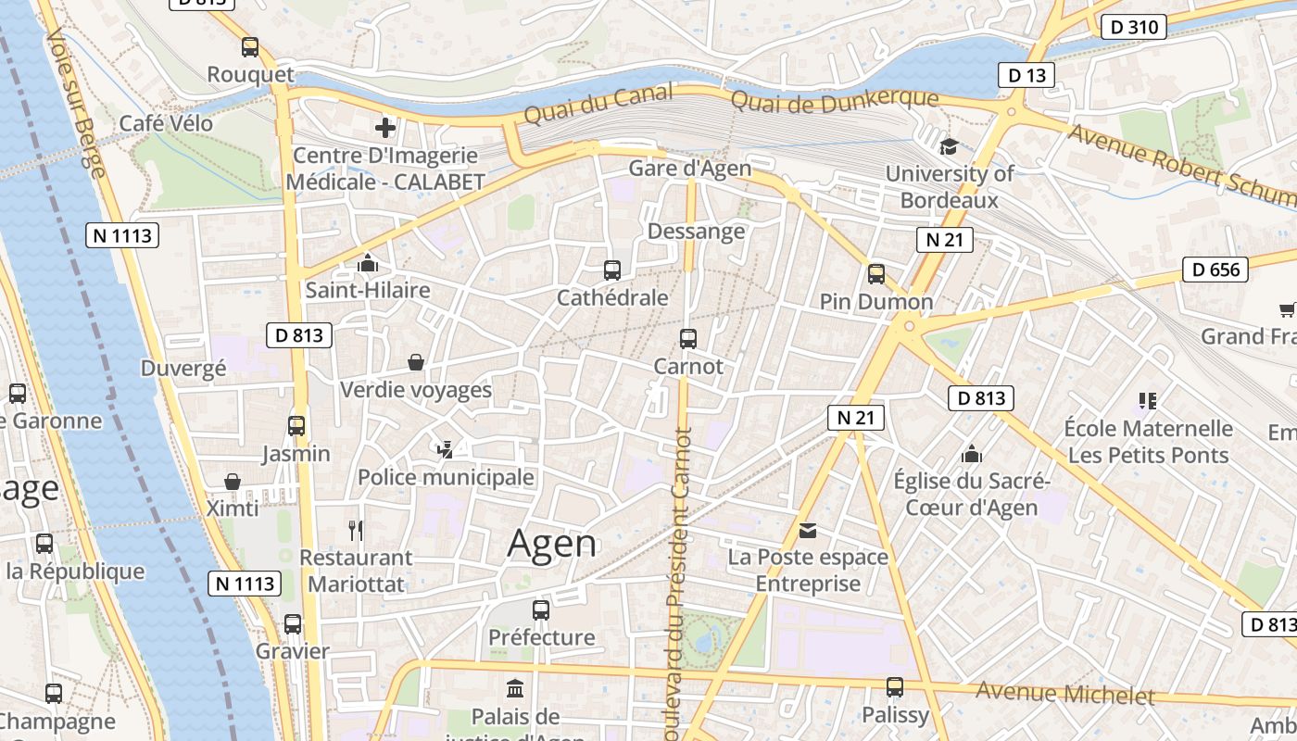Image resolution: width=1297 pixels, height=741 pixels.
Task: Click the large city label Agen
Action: point(552,543)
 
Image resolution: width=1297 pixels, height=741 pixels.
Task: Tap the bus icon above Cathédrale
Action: point(611,270)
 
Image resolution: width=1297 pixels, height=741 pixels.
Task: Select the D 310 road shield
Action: point(1134,27)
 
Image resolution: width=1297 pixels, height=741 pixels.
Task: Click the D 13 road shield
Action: point(1026,75)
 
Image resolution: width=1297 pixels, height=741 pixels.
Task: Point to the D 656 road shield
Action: point(1215,270)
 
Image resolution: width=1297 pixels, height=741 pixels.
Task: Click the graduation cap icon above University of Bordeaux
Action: point(949,146)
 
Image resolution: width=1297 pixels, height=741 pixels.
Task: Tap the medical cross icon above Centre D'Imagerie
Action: point(385,128)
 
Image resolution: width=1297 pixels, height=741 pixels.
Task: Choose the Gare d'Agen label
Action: point(689,169)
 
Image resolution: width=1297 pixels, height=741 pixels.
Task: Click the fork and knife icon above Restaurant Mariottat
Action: point(356,530)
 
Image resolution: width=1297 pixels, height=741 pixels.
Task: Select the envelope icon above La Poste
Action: point(808,530)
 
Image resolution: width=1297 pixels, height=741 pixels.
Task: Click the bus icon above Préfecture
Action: point(541,610)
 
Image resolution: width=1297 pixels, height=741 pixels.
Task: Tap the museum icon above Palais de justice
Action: point(515,688)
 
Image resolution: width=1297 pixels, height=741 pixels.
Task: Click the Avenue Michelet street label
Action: point(1065,693)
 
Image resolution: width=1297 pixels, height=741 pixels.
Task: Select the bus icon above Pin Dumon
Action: point(876,274)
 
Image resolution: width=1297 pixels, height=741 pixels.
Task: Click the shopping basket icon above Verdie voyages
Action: point(416,362)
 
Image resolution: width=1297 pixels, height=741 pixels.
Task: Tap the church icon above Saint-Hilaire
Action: point(368,264)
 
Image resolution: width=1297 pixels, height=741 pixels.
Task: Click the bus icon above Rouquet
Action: point(250,47)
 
